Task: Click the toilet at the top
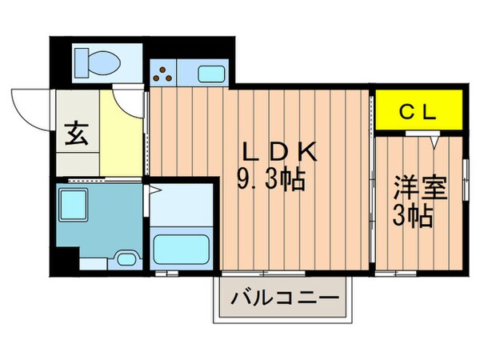96,60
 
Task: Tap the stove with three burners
164,74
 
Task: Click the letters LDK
281,152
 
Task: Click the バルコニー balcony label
284,302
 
